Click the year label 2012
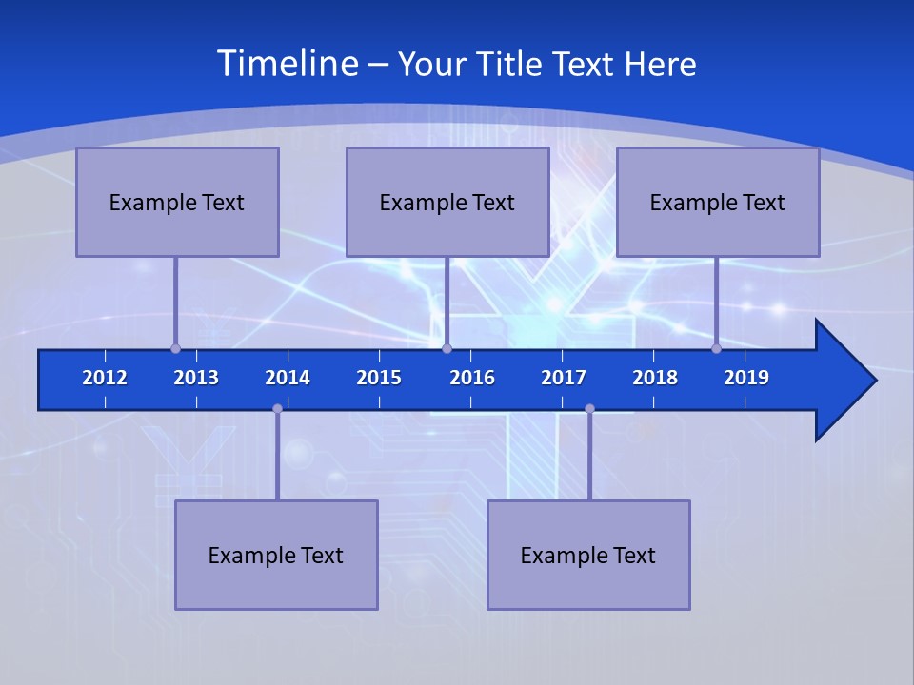click(105, 378)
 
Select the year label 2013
click(196, 378)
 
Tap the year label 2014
click(288, 378)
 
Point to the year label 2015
click(379, 378)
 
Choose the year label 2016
click(472, 378)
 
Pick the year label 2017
click(564, 378)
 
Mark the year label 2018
click(655, 378)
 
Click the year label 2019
click(746, 378)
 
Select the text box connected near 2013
click(177, 202)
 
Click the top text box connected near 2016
click(447, 202)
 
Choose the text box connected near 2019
click(718, 202)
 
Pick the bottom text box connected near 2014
click(276, 555)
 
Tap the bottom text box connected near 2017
click(588, 555)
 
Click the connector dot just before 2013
click(175, 348)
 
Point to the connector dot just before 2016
click(447, 348)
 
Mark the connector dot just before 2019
click(717, 348)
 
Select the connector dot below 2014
click(277, 408)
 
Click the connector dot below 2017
click(589, 408)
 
